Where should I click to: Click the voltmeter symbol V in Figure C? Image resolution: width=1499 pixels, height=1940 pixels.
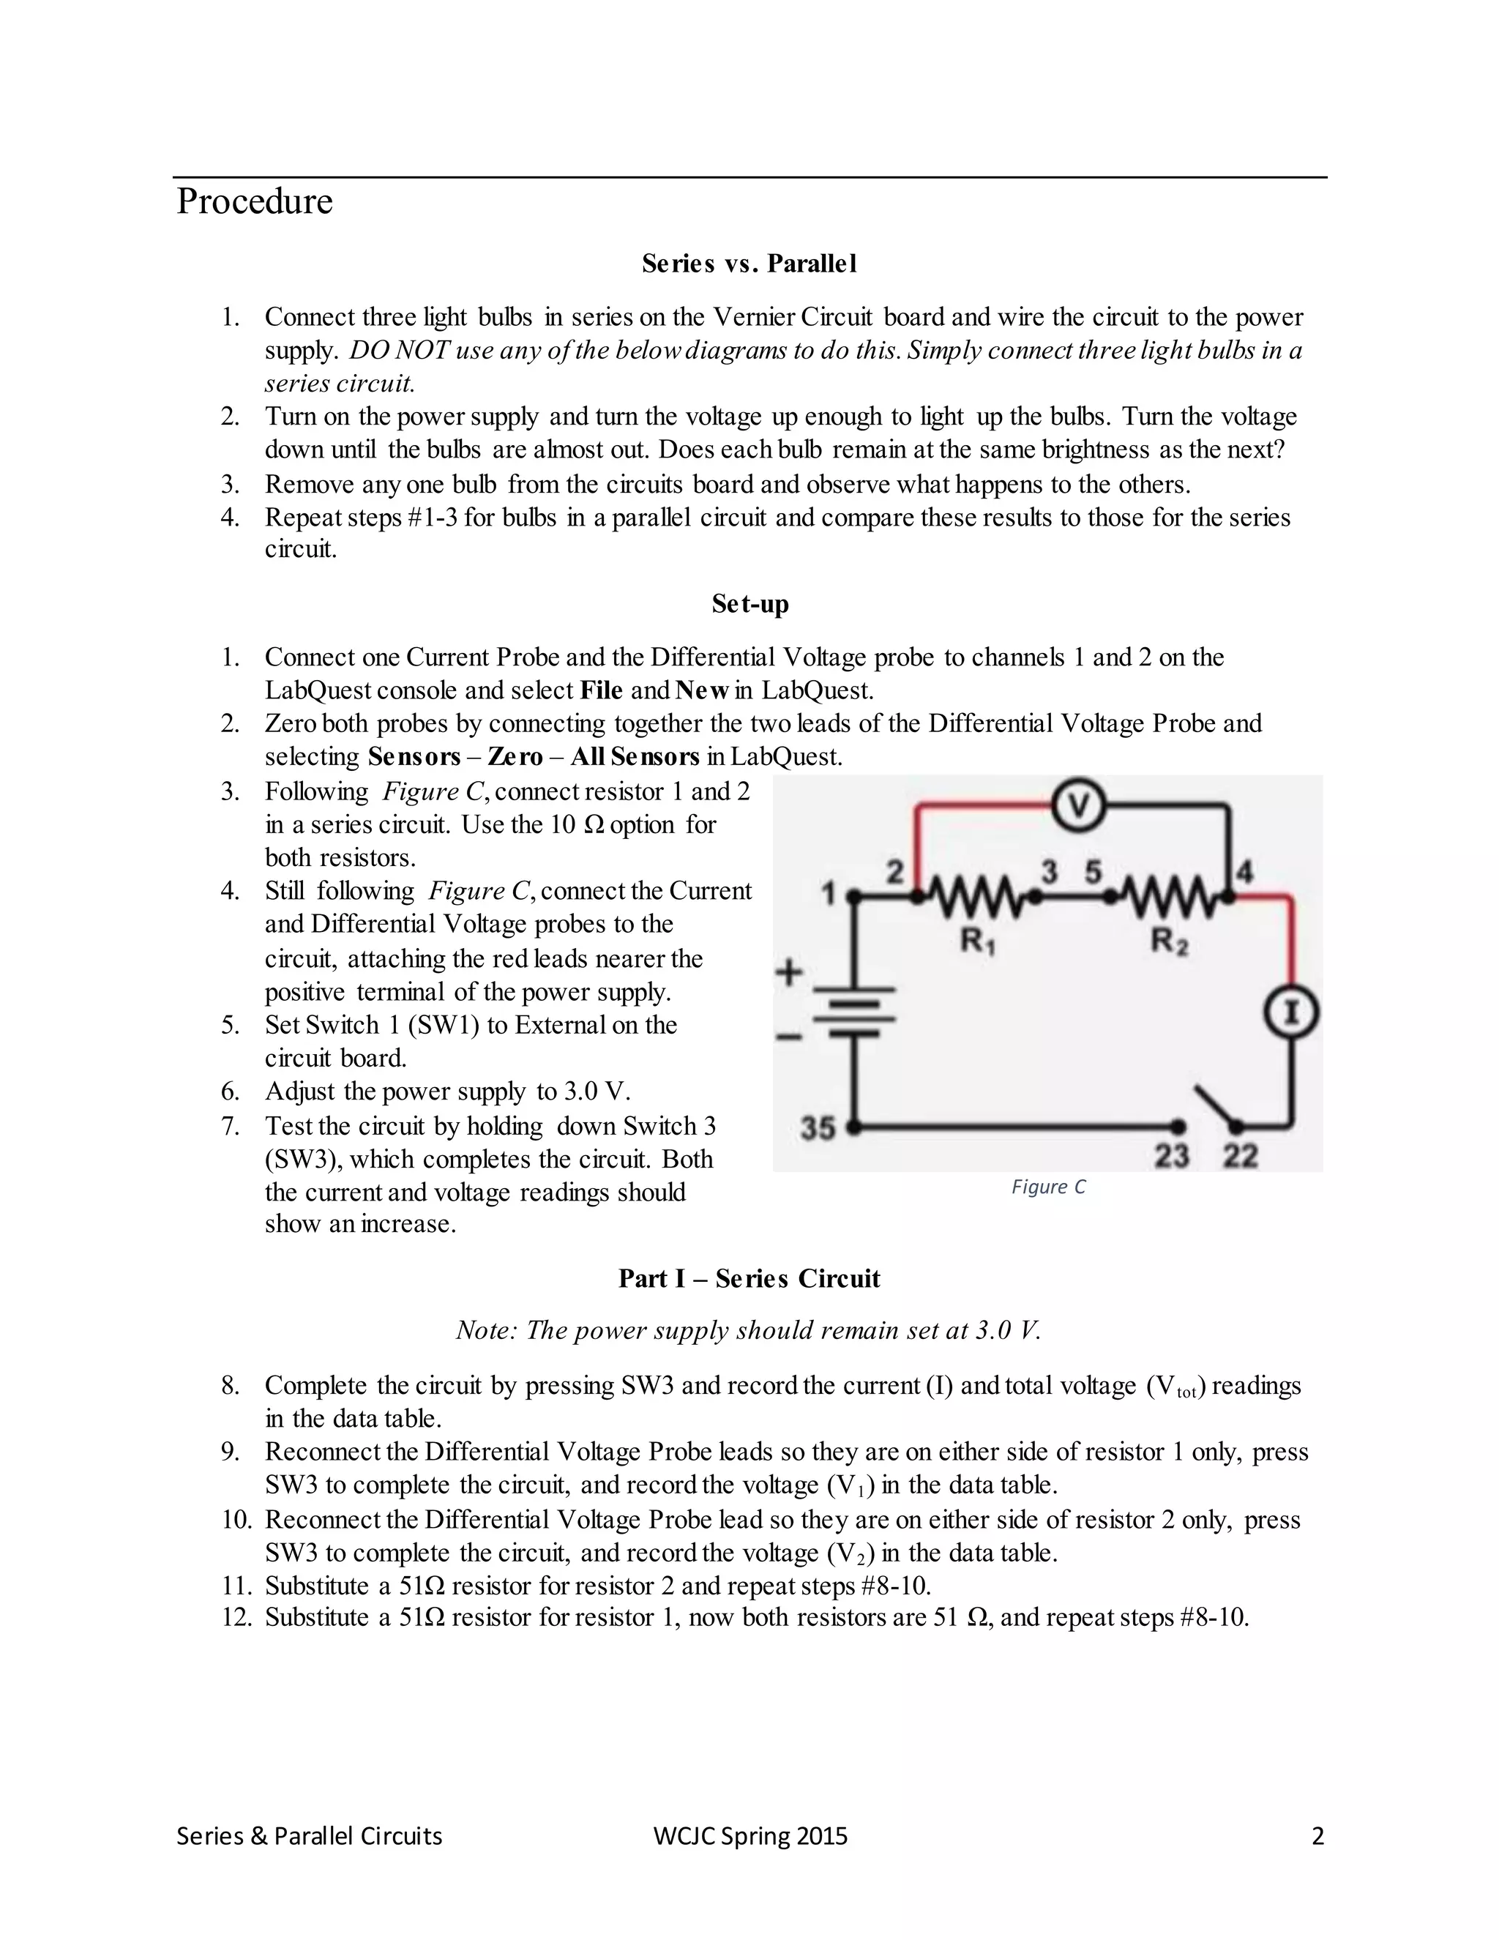pos(1078,806)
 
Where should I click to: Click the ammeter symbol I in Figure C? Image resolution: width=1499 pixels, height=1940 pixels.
pos(1292,1013)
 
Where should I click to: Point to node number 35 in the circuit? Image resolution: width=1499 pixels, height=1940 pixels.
pos(818,1128)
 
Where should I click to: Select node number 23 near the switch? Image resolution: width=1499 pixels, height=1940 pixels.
pos(1171,1156)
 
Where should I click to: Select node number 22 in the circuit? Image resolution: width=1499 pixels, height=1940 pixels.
pos(1241,1156)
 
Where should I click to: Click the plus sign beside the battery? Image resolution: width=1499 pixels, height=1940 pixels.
pos(788,973)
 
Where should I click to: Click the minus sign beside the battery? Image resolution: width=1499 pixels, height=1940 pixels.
pos(788,1036)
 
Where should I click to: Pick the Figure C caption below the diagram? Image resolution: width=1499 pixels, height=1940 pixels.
pos(1048,1187)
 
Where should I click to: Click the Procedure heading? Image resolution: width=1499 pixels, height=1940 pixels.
pos(255,201)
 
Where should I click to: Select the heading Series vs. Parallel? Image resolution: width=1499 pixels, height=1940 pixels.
pos(749,264)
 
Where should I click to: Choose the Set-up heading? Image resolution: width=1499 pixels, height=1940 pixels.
pos(749,604)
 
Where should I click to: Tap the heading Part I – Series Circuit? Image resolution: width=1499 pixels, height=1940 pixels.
pos(749,1278)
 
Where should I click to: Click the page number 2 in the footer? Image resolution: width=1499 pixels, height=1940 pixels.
pos(1317,1836)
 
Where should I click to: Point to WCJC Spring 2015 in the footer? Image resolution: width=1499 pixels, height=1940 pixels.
pos(750,1836)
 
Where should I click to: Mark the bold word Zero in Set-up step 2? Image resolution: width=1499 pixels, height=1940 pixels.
pos(515,757)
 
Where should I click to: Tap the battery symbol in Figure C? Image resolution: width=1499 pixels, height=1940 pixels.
pos(854,1012)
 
